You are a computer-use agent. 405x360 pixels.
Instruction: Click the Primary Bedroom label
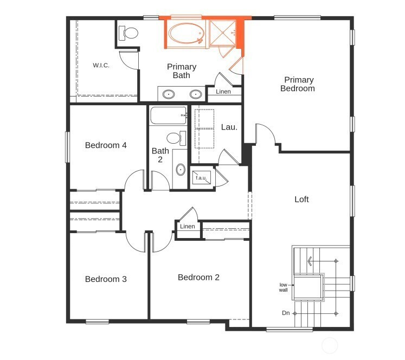298,84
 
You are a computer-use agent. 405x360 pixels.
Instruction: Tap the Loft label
301,199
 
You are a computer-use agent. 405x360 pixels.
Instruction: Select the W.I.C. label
101,65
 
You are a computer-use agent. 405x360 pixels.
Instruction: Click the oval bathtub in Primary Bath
186,34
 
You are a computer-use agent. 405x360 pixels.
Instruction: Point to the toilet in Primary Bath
128,33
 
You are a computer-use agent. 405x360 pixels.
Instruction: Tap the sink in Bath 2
181,170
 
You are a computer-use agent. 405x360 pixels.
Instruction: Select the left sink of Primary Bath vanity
169,94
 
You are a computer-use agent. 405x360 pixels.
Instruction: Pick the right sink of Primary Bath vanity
196,94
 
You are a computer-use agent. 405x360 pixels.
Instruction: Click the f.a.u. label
201,178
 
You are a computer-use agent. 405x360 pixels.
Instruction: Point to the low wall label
283,287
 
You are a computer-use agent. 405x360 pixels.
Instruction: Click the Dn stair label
286,313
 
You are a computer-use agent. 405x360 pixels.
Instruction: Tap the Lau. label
229,127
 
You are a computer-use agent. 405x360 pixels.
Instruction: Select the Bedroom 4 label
106,145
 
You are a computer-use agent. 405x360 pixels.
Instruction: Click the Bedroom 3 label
106,279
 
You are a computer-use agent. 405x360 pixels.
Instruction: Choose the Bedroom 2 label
198,277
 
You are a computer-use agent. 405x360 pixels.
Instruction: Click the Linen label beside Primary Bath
223,92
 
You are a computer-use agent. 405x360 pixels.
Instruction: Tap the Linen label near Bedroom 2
187,226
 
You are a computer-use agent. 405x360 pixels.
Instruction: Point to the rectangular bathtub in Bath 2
169,115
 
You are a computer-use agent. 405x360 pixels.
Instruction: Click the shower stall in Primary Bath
223,33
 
